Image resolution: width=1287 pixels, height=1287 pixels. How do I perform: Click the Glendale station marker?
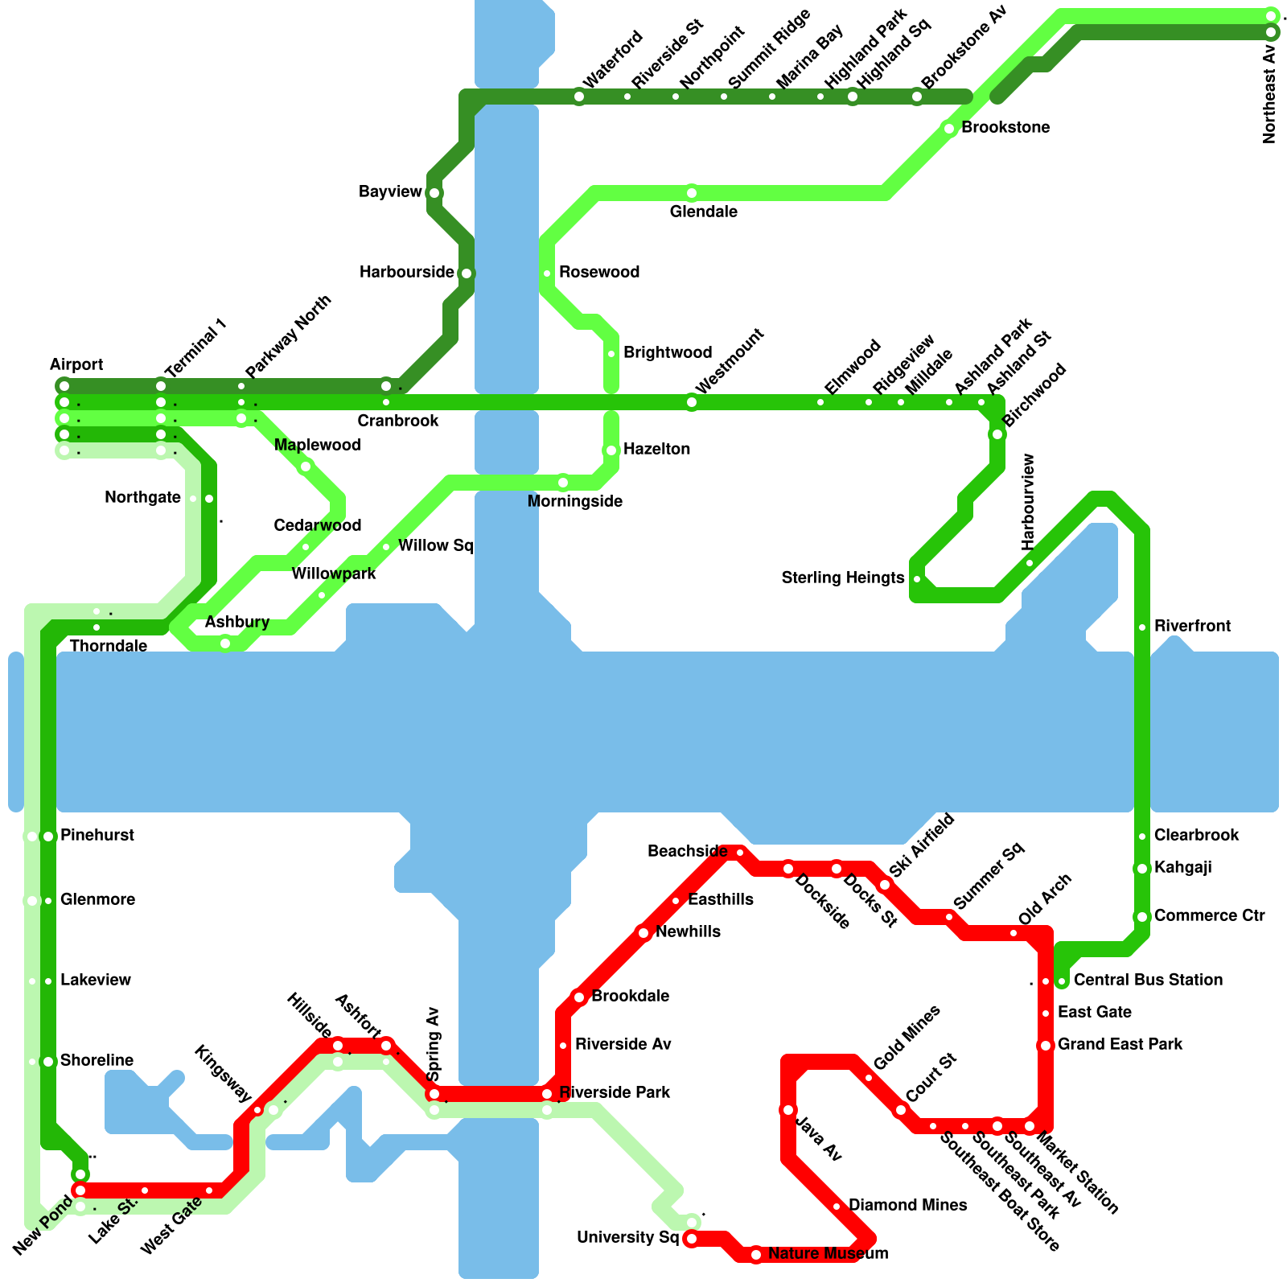(x=692, y=193)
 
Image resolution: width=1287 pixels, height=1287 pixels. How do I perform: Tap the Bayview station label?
(x=390, y=192)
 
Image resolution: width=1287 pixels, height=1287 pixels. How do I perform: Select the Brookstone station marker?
(x=949, y=129)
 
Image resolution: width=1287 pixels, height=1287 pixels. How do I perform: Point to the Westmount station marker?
(x=692, y=402)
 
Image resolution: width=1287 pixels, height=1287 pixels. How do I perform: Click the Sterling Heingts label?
(x=842, y=578)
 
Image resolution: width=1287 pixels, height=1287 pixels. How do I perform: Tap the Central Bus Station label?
(x=1148, y=981)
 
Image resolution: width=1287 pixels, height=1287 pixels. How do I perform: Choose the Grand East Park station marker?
(x=1046, y=1046)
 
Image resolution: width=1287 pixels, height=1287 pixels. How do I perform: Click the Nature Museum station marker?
(x=756, y=1255)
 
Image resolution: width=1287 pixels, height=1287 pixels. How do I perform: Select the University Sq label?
(x=627, y=1238)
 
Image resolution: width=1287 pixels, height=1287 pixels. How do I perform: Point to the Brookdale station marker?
(x=579, y=997)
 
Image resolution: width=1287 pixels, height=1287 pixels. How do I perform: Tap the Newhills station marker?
(x=643, y=933)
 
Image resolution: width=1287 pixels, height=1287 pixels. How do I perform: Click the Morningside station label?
(x=574, y=502)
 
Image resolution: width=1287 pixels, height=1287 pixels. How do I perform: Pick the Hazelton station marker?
(x=611, y=450)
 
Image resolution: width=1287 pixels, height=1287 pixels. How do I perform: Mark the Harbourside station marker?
(x=467, y=273)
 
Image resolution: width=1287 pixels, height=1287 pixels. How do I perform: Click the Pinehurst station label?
(x=97, y=836)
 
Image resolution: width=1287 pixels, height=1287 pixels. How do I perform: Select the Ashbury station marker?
(x=225, y=643)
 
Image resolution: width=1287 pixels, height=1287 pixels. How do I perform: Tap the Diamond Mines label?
(x=907, y=1206)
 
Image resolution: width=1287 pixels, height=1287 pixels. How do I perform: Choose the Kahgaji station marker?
(x=1142, y=869)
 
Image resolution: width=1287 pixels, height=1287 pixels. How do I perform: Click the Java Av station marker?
(x=788, y=1110)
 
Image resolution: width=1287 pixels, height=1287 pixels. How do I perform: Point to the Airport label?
(x=76, y=365)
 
